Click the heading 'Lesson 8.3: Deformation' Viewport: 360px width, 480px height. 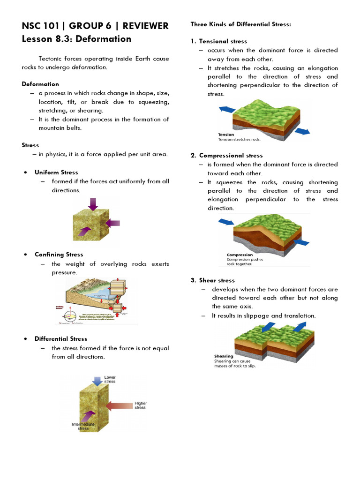click(76, 39)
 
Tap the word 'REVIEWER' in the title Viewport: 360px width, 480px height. click(145, 26)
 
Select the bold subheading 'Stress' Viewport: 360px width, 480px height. click(30, 145)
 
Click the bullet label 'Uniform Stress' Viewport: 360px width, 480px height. click(56, 172)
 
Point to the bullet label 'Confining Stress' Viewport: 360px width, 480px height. click(59, 255)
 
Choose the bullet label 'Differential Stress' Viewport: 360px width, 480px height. click(61, 339)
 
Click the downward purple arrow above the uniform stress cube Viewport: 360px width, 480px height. click(93, 204)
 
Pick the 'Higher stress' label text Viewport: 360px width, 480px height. click(140, 405)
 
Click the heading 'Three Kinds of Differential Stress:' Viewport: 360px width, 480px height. click(240, 24)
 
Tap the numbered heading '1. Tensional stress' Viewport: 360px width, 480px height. click(218, 41)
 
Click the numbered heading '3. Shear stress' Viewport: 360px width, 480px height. click(212, 280)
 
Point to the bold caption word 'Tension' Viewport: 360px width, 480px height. click(226, 135)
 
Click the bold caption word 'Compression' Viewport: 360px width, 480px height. click(240, 255)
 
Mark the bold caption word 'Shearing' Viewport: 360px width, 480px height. click(224, 356)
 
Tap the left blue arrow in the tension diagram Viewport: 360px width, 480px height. click(227, 109)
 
